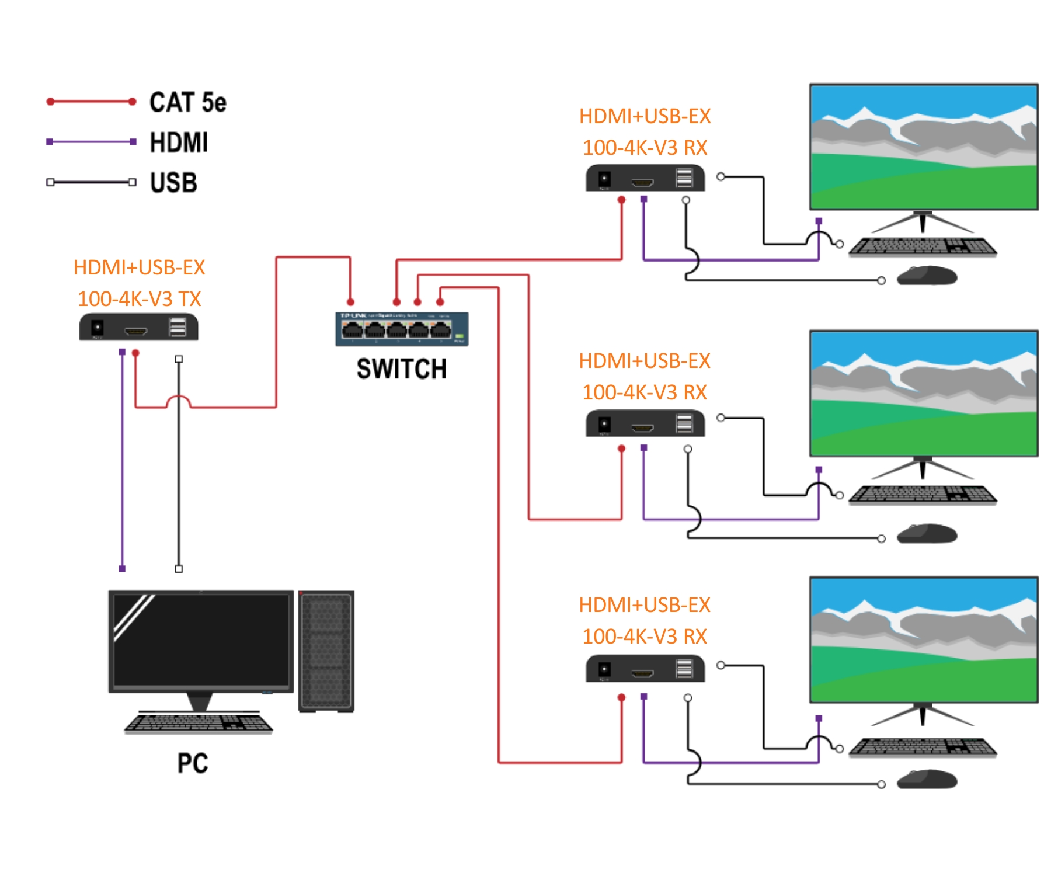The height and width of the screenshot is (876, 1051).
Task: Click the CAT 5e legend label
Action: (x=187, y=102)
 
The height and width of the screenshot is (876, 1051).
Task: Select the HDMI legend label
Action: (x=179, y=142)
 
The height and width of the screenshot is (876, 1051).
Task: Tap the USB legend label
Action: (x=173, y=183)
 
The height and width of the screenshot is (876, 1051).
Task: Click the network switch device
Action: (x=402, y=329)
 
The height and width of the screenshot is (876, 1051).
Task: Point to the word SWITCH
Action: (x=402, y=369)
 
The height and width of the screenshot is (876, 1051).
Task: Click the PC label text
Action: (x=193, y=763)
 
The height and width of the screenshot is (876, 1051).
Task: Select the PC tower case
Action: (x=326, y=651)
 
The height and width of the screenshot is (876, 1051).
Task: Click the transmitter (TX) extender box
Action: (x=138, y=327)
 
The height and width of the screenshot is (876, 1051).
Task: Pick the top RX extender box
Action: (x=645, y=178)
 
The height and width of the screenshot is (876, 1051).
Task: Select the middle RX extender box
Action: (x=645, y=423)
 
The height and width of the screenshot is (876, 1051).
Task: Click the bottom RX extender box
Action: (x=645, y=669)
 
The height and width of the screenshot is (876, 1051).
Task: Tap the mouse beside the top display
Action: (x=927, y=276)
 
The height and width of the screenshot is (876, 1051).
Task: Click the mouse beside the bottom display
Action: (x=927, y=779)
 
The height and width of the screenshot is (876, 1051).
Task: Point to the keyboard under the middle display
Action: (x=923, y=494)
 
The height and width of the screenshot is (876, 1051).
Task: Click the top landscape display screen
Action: (x=923, y=147)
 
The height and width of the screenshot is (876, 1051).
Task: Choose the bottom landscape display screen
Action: (x=923, y=639)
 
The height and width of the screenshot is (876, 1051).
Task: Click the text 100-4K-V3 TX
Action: (x=139, y=299)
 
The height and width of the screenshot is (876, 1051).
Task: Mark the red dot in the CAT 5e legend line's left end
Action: (x=51, y=102)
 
